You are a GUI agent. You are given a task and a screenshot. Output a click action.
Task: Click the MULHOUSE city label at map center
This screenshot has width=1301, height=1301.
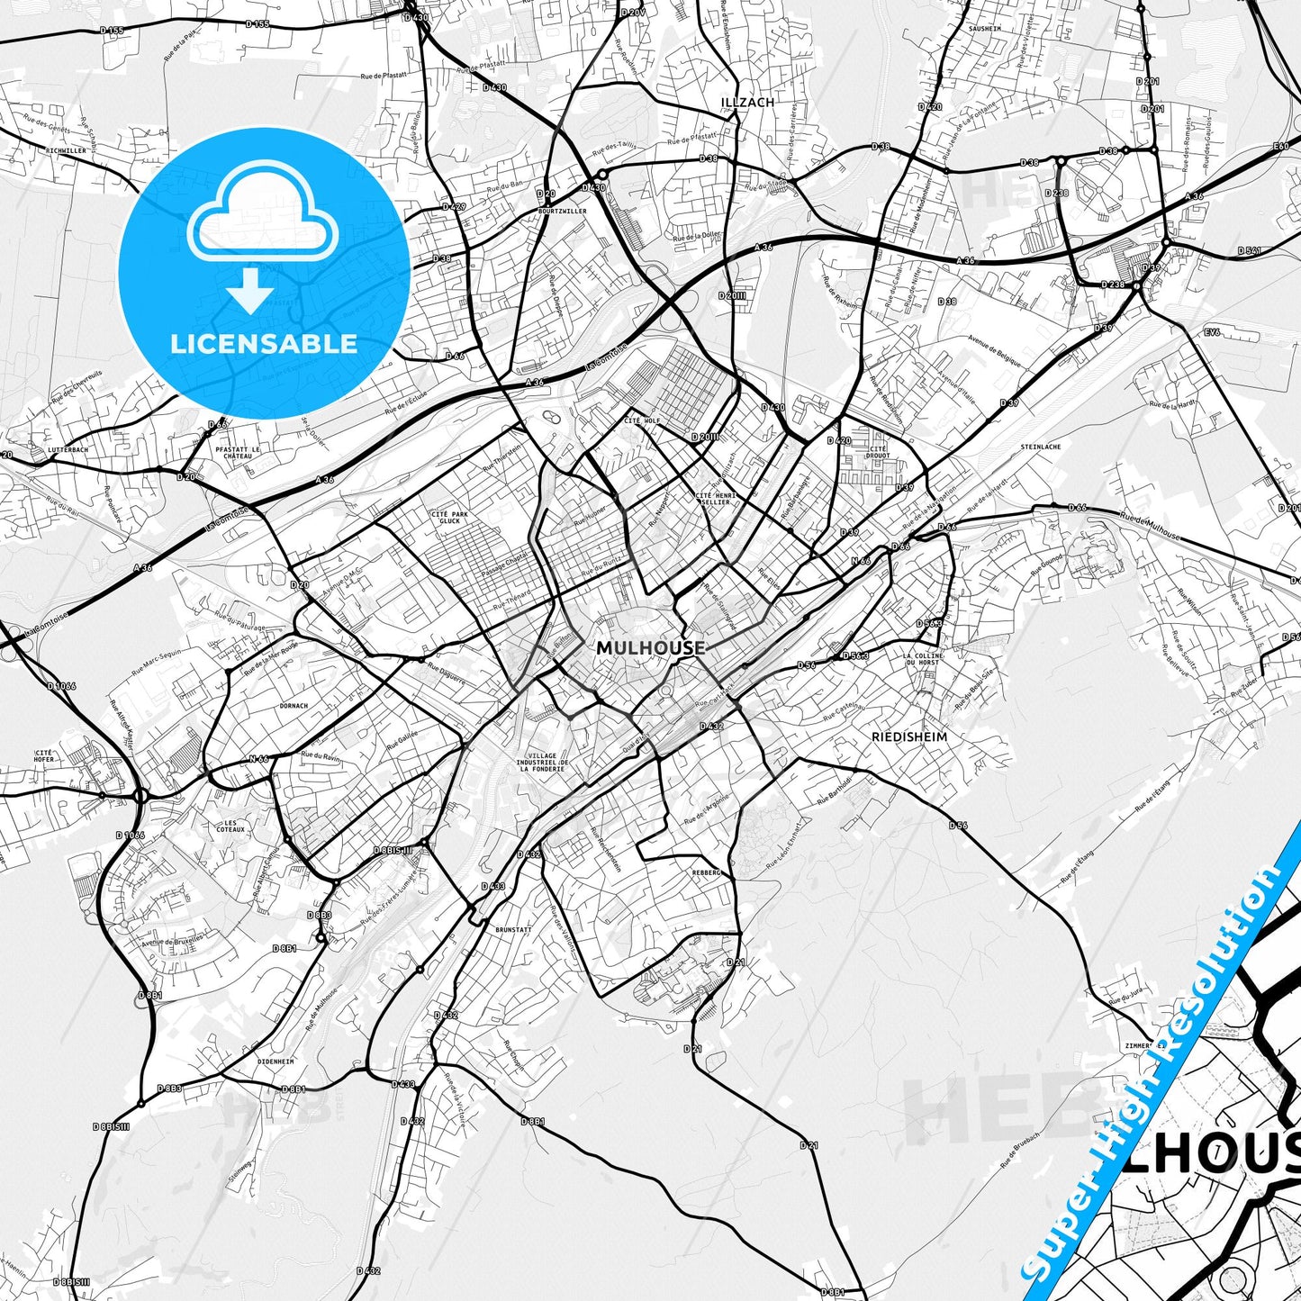click(650, 647)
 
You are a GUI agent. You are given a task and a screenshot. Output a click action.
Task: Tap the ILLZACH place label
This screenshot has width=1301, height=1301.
click(747, 103)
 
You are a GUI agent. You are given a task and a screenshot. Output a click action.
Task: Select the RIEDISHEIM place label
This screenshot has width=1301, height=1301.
click(909, 736)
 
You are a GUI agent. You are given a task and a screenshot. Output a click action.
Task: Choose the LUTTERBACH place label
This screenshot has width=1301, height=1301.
click(68, 448)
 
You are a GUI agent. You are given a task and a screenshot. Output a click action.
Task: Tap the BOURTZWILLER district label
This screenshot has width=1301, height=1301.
click(562, 212)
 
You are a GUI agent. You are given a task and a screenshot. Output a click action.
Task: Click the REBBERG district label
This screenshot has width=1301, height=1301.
click(707, 872)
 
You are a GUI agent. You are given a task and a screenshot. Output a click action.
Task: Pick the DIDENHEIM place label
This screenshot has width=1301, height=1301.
click(276, 1062)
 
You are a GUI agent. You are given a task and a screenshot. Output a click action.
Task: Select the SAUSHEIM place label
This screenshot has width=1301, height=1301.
click(985, 29)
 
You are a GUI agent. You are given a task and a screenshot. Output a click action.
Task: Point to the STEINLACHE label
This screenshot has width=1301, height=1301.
click(1040, 447)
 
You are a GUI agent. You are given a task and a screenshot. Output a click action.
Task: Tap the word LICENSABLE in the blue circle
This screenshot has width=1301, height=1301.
click(264, 343)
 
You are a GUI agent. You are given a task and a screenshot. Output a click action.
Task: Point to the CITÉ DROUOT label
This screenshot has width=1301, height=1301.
click(878, 452)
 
